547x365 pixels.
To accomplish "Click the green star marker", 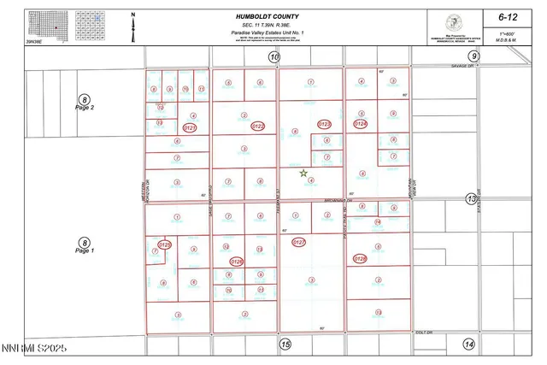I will coord(303,173).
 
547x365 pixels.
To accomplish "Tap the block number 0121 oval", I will coord(190,127).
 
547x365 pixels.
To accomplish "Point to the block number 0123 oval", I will coord(324,125).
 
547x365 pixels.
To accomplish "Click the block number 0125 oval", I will coord(165,245).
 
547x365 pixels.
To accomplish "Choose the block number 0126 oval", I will coord(237,262).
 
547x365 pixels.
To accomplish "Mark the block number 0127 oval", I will coord(299,243).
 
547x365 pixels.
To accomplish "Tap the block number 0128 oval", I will coord(360,258).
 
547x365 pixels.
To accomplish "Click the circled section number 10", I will coord(273,57).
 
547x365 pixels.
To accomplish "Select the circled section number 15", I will coord(285,344).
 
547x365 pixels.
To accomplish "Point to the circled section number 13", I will coord(470,199).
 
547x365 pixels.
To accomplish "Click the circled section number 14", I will coord(468,344).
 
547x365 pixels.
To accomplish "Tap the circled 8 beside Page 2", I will coord(84,99).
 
